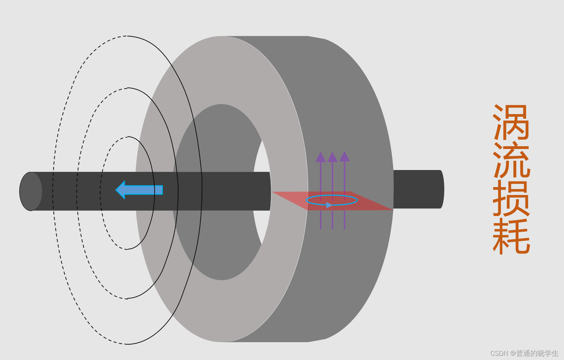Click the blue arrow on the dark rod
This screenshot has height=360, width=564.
point(139,190)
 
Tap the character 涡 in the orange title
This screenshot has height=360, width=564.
point(512,122)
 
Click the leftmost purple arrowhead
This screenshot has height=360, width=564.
point(321,157)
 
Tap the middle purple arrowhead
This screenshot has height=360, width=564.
point(332,157)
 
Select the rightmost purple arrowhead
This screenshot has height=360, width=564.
point(345,156)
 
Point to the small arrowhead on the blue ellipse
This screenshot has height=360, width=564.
point(329,205)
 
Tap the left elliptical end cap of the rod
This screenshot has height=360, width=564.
point(31,191)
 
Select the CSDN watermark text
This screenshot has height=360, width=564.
point(524,353)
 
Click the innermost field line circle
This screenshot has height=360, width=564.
point(100,192)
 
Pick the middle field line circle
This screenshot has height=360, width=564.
point(77,192)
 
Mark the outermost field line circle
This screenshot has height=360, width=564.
point(53,192)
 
